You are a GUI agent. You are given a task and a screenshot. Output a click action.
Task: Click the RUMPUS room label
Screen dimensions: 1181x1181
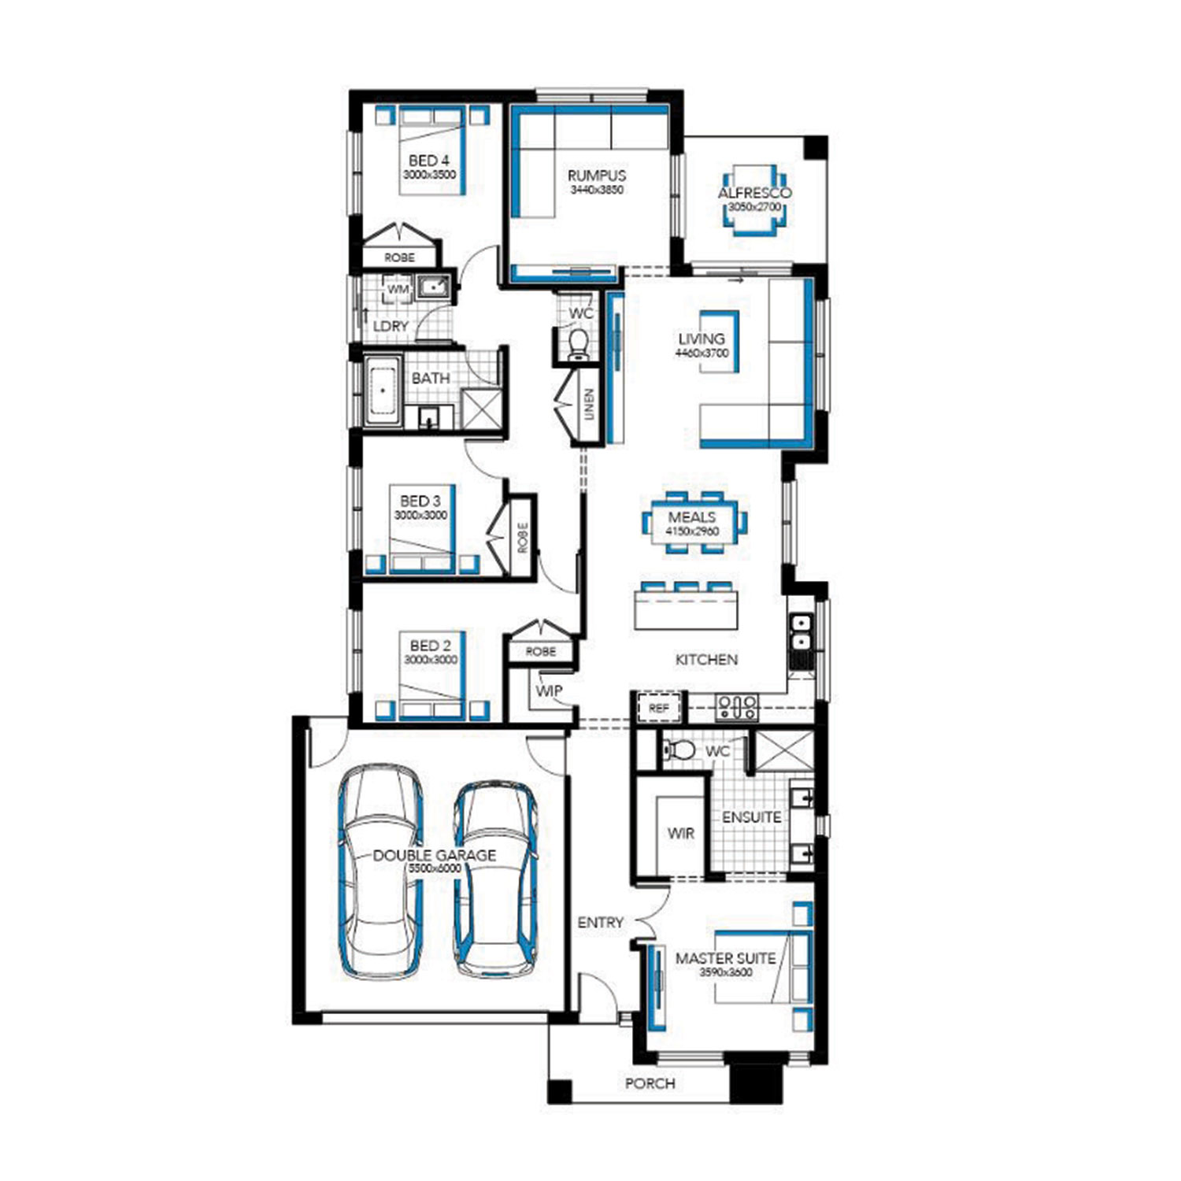tap(597, 176)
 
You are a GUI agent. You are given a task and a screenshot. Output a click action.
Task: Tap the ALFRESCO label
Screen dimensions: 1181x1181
tap(754, 193)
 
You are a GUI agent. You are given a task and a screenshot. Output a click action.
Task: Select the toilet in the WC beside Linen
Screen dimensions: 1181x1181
tap(579, 345)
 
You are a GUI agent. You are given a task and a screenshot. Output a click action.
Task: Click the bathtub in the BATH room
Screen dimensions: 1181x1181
tap(383, 391)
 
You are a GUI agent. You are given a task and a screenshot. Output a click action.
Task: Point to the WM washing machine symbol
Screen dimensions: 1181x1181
tap(398, 289)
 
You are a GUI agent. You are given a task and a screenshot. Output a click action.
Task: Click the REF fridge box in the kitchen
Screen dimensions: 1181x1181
tap(658, 709)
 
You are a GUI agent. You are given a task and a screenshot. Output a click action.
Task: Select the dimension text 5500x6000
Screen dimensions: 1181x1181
tap(435, 868)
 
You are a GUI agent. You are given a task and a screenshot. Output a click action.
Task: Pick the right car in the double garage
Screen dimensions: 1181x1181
tap(496, 879)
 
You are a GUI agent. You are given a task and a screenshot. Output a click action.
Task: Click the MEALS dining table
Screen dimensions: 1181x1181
tap(693, 523)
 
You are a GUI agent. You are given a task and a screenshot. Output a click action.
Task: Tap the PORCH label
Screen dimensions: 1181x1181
tap(650, 1083)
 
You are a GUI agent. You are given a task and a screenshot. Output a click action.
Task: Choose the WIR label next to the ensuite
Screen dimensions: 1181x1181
tap(681, 833)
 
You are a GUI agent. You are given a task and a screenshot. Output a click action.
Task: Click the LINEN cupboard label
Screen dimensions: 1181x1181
tap(590, 405)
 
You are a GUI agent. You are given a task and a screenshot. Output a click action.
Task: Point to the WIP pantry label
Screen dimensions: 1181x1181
tap(549, 690)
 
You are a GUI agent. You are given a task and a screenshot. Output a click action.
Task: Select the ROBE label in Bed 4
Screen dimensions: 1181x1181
tap(399, 257)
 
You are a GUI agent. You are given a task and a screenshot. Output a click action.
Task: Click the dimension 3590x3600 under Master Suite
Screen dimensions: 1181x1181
tap(726, 972)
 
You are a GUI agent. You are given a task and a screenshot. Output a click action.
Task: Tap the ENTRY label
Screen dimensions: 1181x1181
tap(601, 922)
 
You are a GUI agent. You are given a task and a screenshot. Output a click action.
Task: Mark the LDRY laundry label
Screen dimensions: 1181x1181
tap(391, 326)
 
